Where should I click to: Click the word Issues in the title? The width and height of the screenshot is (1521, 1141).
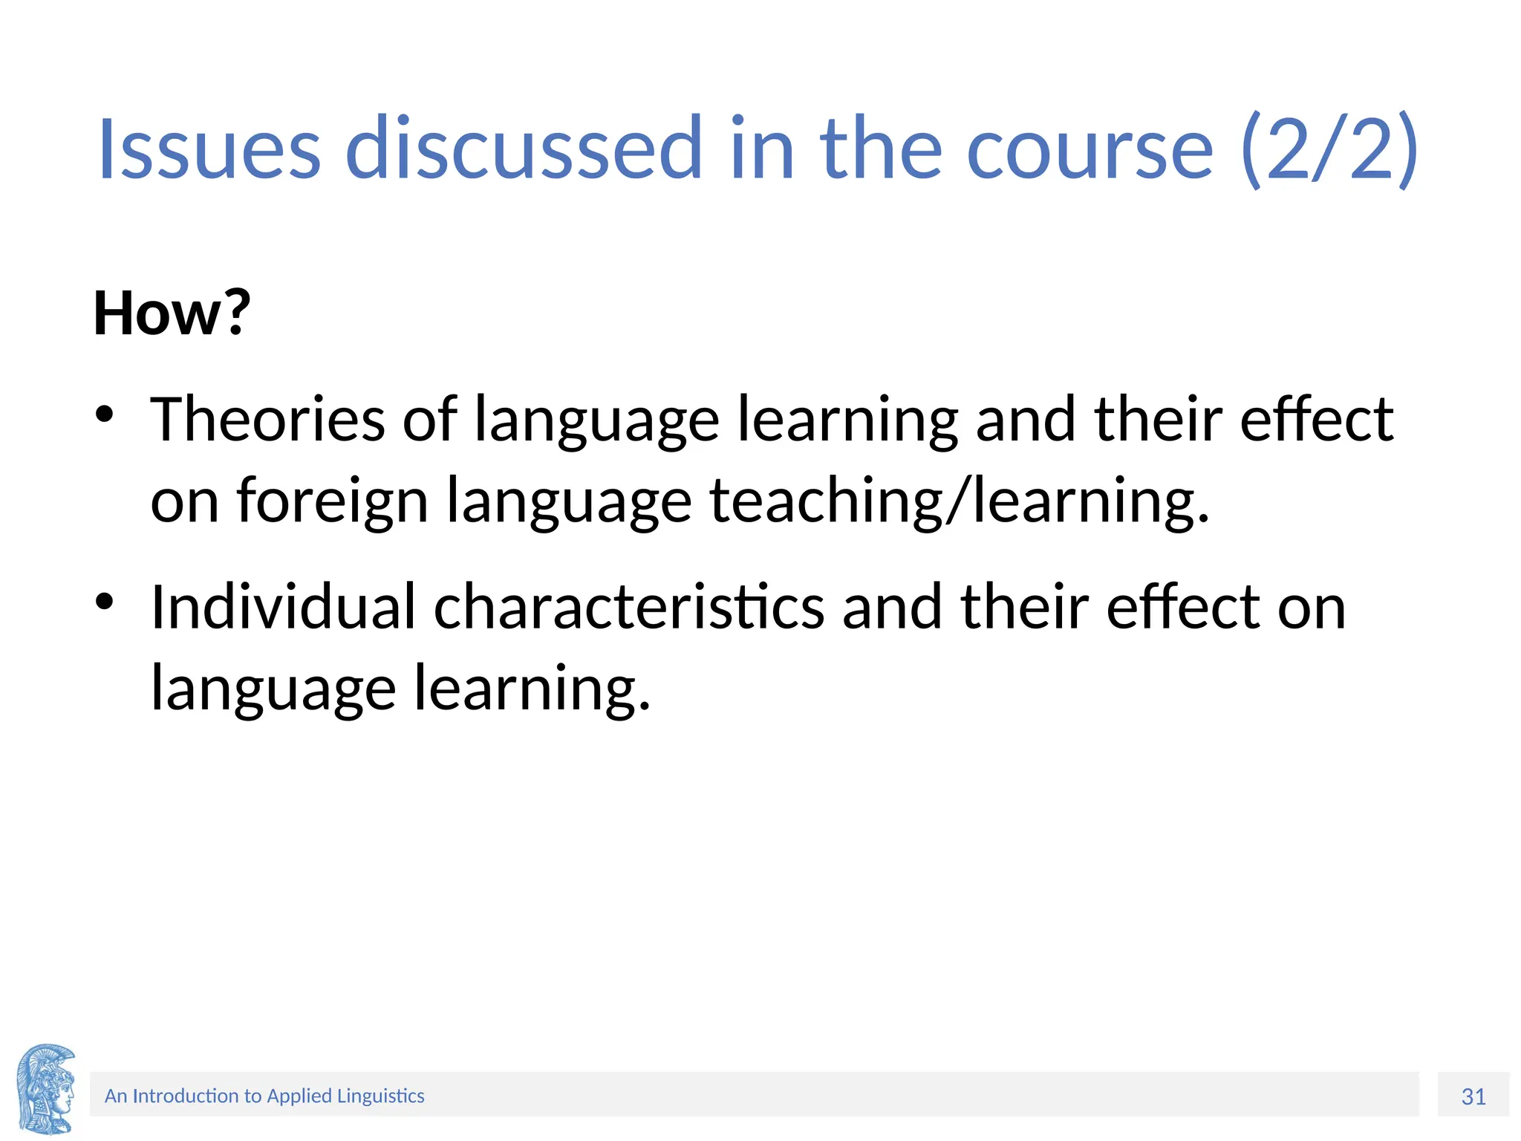coord(209,149)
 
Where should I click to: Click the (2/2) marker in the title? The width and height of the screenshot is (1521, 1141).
coord(1329,149)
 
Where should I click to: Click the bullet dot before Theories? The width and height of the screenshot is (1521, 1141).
coord(104,414)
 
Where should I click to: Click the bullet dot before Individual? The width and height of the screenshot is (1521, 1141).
coord(104,601)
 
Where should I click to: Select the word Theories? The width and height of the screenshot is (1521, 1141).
coord(267,420)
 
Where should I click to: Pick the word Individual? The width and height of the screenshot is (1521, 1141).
coord(283,607)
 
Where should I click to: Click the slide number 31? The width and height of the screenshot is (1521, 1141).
coord(1473,1096)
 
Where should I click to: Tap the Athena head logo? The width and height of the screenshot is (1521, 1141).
coord(46,1088)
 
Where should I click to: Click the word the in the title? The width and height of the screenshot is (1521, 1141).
coord(881,149)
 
